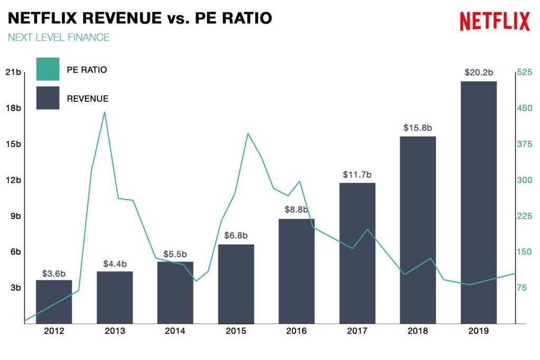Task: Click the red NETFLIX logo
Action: [x=494, y=21]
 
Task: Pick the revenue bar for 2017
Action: [x=357, y=253]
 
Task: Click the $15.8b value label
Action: [x=418, y=128]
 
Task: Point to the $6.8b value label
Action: [x=236, y=235]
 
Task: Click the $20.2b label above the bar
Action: [x=478, y=72]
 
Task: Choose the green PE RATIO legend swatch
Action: [x=47, y=70]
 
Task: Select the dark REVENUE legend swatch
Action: [x=47, y=98]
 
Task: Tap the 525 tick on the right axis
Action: [x=525, y=72]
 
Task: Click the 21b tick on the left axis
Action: [x=13, y=72]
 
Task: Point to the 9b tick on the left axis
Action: [x=14, y=216]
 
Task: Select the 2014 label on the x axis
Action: [x=175, y=331]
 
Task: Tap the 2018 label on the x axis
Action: [x=418, y=331]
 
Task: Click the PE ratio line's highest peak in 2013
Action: [x=104, y=112]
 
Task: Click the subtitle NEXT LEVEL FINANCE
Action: [x=59, y=37]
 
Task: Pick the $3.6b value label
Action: [x=54, y=274]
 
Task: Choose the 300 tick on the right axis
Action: [x=525, y=180]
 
